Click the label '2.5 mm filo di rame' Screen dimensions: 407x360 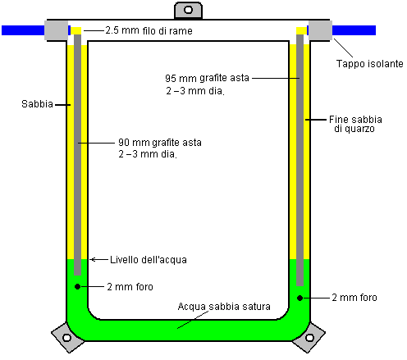(149, 30)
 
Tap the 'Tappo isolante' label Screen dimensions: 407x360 (370, 64)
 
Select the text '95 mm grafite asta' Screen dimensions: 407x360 (207, 78)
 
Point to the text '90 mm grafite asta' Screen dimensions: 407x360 (160, 143)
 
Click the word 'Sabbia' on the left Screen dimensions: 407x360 (37, 104)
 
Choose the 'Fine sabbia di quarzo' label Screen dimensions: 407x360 (355, 124)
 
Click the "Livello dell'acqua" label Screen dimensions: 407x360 (149, 260)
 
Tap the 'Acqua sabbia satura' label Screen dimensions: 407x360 (224, 307)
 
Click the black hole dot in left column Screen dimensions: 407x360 (77, 286)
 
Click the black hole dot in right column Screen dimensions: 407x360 (300, 298)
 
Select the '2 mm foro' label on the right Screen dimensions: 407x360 (354, 298)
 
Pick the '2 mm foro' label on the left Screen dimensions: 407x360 (130, 287)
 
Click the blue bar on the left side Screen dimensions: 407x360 (23, 30)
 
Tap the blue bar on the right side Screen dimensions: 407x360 (354, 30)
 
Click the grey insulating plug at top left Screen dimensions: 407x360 (57, 30)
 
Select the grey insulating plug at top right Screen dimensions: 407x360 (320, 30)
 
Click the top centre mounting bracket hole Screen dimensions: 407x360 (188, 10)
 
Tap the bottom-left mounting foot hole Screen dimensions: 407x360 (66, 338)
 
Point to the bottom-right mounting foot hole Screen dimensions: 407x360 (309, 338)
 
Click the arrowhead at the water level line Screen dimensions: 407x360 (92, 259)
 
